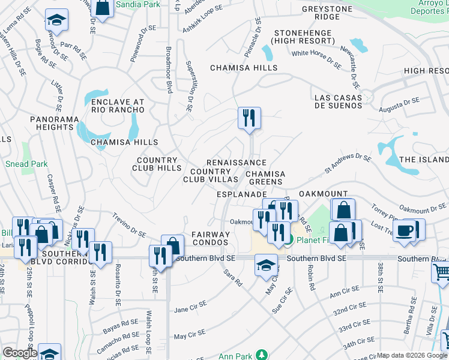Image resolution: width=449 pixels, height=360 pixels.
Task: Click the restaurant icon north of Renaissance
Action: (x=249, y=117)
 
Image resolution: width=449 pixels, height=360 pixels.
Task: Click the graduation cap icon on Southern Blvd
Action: (x=266, y=265)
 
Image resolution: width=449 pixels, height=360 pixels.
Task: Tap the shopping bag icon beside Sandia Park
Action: (x=103, y=8)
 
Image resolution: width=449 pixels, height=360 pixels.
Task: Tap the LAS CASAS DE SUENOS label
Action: (x=338, y=102)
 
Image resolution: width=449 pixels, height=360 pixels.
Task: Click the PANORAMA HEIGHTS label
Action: (x=55, y=124)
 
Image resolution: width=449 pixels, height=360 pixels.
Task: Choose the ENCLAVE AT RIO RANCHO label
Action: (x=118, y=106)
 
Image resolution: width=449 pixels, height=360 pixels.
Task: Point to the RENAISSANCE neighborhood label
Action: (x=236, y=163)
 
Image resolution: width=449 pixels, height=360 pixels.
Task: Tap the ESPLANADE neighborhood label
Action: (x=241, y=195)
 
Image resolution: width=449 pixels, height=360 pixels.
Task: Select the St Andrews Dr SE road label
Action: (x=348, y=162)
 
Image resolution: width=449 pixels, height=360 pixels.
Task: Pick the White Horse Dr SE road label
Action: (x=317, y=59)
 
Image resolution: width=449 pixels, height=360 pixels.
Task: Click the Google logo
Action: (x=20, y=353)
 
